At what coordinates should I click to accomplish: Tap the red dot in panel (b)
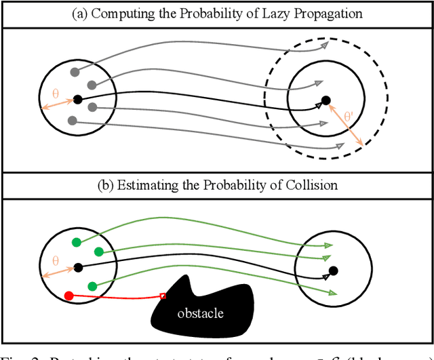68,296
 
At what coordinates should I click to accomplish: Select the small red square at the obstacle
163,295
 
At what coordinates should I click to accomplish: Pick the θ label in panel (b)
56,260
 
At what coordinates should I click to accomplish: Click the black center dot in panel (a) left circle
77,100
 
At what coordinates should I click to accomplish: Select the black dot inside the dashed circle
325,101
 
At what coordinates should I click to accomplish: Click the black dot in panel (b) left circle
77,267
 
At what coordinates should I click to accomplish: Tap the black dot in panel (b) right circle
333,271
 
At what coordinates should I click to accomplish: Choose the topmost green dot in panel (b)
76,242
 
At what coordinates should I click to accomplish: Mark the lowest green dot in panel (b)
92,286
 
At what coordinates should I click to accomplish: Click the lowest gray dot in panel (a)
71,121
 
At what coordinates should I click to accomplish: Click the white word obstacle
200,313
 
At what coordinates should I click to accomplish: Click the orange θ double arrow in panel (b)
58,271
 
